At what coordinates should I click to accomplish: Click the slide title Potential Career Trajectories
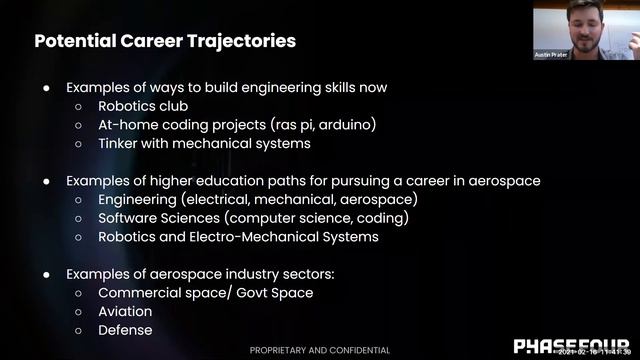[x=165, y=41]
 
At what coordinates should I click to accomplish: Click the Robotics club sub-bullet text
[x=142, y=105]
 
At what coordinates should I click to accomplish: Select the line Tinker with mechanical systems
[x=204, y=143]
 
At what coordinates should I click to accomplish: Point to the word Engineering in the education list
[x=137, y=199]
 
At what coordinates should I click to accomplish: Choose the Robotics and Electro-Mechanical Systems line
[x=238, y=237]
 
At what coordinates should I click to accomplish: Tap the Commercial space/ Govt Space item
[x=205, y=293]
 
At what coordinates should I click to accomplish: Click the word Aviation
[x=125, y=311]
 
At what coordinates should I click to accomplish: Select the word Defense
[x=125, y=330]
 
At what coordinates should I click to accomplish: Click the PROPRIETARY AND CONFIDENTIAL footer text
[x=320, y=350]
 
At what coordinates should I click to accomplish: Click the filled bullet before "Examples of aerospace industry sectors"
[x=46, y=274]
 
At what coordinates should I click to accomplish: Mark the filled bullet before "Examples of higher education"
[x=46, y=181]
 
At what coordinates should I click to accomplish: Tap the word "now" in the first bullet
[x=373, y=87]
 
